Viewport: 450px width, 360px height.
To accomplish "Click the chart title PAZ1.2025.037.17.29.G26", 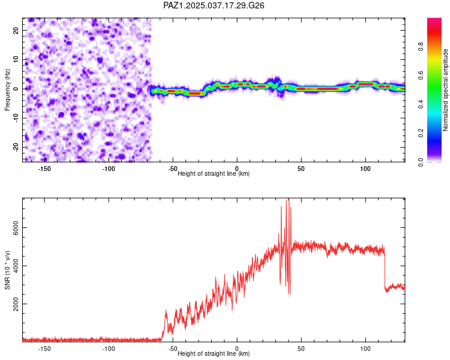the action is tap(214, 5).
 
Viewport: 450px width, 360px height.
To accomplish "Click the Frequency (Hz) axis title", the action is tap(7, 90).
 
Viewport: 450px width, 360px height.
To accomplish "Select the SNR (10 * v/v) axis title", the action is tap(7, 270).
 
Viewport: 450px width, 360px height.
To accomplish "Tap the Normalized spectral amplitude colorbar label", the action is tap(445, 90).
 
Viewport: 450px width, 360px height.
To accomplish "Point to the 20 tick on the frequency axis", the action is tap(16, 30).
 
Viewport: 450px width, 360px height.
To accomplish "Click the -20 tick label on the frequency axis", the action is tap(16, 148).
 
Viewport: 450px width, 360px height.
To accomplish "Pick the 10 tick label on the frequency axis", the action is tap(16, 59).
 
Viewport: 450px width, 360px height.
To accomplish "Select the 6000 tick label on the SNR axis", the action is tap(16, 228).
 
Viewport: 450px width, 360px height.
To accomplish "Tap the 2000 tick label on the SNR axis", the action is tap(16, 304).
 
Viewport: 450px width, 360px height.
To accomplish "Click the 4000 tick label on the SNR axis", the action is tap(16, 266).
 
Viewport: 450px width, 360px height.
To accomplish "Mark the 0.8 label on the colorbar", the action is tap(421, 47).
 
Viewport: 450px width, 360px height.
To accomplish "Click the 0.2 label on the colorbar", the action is tap(421, 133).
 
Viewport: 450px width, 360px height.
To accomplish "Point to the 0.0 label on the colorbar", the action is tap(421, 162).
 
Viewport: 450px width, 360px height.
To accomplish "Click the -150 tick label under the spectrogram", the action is tap(44, 169).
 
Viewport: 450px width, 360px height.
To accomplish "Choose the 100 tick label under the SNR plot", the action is tap(365, 349).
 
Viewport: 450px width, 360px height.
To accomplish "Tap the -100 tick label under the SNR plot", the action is tap(109, 349).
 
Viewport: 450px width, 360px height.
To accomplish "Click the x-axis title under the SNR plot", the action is tap(214, 353).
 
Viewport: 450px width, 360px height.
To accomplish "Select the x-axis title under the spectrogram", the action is tap(214, 173).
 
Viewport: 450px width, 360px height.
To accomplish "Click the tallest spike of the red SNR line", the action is tap(289, 199).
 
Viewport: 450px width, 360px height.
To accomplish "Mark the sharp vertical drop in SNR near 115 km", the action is tap(384, 268).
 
